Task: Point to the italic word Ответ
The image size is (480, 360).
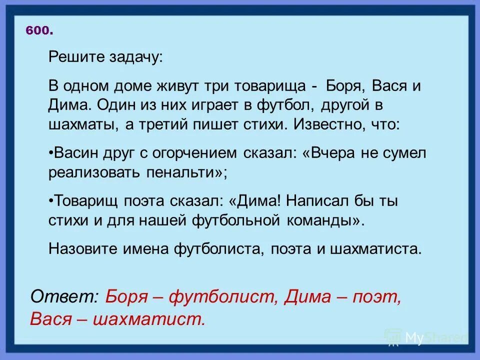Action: (x=65, y=297)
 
